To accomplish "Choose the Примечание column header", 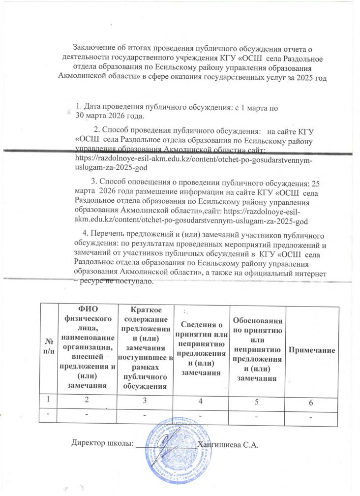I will pos(315,349).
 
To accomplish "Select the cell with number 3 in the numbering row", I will pos(145,401).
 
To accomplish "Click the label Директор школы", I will pos(102,444).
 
